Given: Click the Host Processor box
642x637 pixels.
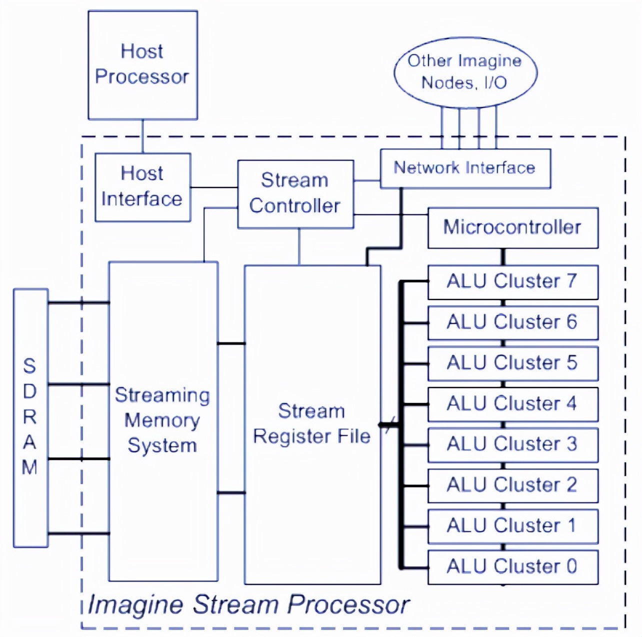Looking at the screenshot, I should [142, 65].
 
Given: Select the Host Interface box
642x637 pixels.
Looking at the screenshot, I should [142, 187].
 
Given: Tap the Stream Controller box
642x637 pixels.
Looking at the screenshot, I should [295, 194].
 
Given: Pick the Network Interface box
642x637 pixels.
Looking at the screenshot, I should [465, 168].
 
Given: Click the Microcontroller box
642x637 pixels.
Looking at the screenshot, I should [512, 227].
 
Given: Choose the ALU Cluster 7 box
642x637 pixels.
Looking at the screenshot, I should [512, 281].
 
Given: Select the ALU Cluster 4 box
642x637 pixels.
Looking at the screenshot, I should [512, 403].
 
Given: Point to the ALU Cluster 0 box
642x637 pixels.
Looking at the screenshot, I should [512, 566].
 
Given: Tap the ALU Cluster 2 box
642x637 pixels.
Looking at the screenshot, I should [512, 485].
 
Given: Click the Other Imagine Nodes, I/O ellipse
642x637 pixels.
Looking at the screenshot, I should [465, 72].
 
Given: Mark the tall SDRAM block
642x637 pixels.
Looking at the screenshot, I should [30, 417].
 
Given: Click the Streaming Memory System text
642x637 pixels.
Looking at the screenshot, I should [162, 420].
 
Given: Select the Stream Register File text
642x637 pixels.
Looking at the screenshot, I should [312, 423].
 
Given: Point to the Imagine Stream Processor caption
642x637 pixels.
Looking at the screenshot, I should [248, 604].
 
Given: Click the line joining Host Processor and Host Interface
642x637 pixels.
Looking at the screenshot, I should [142, 136].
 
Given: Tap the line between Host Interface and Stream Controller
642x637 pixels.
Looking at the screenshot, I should [214, 187].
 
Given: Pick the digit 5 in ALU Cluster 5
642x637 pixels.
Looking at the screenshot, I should [571, 362].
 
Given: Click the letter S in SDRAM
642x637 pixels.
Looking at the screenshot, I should [29, 366].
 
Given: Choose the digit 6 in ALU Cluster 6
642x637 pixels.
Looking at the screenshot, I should [571, 322].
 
